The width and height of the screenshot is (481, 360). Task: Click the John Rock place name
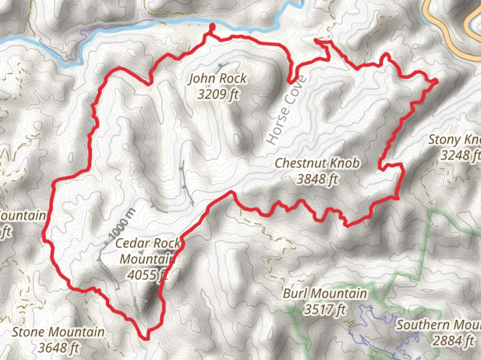click(218, 79)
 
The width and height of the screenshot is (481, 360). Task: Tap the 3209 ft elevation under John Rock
click(218, 94)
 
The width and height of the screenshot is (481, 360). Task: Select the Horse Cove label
click(286, 110)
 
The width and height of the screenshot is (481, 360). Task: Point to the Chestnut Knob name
click(317, 163)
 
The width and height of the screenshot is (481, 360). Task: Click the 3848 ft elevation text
click(317, 179)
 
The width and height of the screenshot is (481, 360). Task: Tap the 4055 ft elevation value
click(147, 275)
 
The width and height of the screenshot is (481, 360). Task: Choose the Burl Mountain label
click(325, 294)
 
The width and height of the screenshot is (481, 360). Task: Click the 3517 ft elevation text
click(325, 310)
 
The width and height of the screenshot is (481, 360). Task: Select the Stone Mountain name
click(58, 332)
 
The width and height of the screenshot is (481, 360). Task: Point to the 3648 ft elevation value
click(58, 348)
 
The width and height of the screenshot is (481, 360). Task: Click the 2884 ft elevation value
click(453, 341)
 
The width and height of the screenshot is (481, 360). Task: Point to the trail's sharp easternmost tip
click(437, 80)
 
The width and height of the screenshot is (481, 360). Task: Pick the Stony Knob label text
click(454, 140)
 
